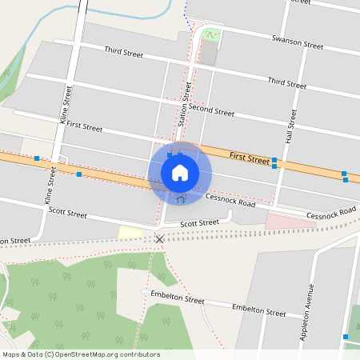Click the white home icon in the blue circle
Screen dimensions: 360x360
[x=180, y=172]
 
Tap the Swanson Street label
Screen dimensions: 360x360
[x=298, y=42]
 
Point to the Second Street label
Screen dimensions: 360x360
[x=212, y=111]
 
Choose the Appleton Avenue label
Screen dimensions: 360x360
[x=308, y=312]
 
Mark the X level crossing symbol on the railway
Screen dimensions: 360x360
[x=160, y=239]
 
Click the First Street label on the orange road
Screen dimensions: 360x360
[x=249, y=158]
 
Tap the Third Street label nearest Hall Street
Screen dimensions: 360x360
[x=287, y=82]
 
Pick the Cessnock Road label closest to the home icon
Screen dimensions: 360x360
[x=230, y=200]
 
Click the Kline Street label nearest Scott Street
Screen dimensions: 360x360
[x=51, y=185]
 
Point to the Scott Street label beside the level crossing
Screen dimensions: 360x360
[x=199, y=223]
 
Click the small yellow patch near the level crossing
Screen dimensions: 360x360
[x=130, y=232]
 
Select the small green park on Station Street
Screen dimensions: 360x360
[x=210, y=34]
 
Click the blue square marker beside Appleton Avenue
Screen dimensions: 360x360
[x=345, y=337]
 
